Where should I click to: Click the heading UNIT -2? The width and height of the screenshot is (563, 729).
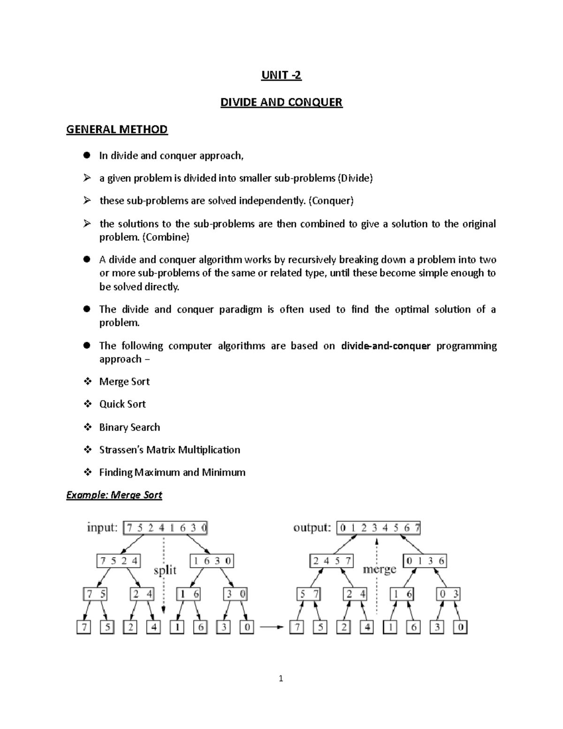[281, 75]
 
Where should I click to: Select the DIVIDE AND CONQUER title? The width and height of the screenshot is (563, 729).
[281, 102]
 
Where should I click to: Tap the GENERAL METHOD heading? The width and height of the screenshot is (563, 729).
[117, 129]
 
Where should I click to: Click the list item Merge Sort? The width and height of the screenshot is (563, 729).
[124, 382]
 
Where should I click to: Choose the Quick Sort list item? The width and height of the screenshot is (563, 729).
[122, 404]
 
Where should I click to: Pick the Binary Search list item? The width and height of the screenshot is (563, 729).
[129, 427]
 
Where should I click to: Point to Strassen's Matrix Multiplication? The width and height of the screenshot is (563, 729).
[169, 450]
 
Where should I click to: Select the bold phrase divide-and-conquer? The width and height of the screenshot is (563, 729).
[386, 346]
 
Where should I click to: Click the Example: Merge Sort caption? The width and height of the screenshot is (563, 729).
[114, 495]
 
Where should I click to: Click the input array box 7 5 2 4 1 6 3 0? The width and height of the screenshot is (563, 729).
[165, 528]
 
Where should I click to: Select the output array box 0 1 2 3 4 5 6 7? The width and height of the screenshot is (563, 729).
[378, 528]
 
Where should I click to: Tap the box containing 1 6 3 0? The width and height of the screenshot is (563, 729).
[212, 560]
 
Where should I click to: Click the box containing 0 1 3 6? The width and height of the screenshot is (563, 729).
[425, 560]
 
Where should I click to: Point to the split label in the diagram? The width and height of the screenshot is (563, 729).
[165, 570]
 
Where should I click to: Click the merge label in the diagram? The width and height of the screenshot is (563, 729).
[380, 569]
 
